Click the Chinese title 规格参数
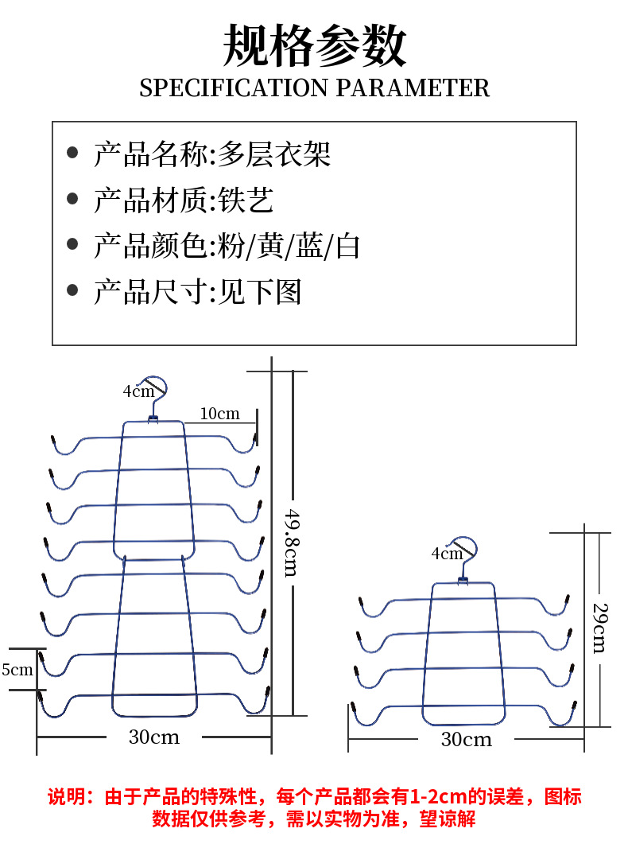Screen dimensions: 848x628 314,45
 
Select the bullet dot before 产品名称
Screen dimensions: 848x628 73,153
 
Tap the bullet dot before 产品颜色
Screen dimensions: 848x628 73,245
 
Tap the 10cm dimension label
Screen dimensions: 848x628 219,414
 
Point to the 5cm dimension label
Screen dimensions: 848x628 17,670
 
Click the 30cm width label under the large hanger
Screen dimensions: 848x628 154,737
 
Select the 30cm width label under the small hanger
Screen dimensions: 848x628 467,740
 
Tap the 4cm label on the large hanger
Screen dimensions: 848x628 138,391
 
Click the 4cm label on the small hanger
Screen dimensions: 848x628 446,554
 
